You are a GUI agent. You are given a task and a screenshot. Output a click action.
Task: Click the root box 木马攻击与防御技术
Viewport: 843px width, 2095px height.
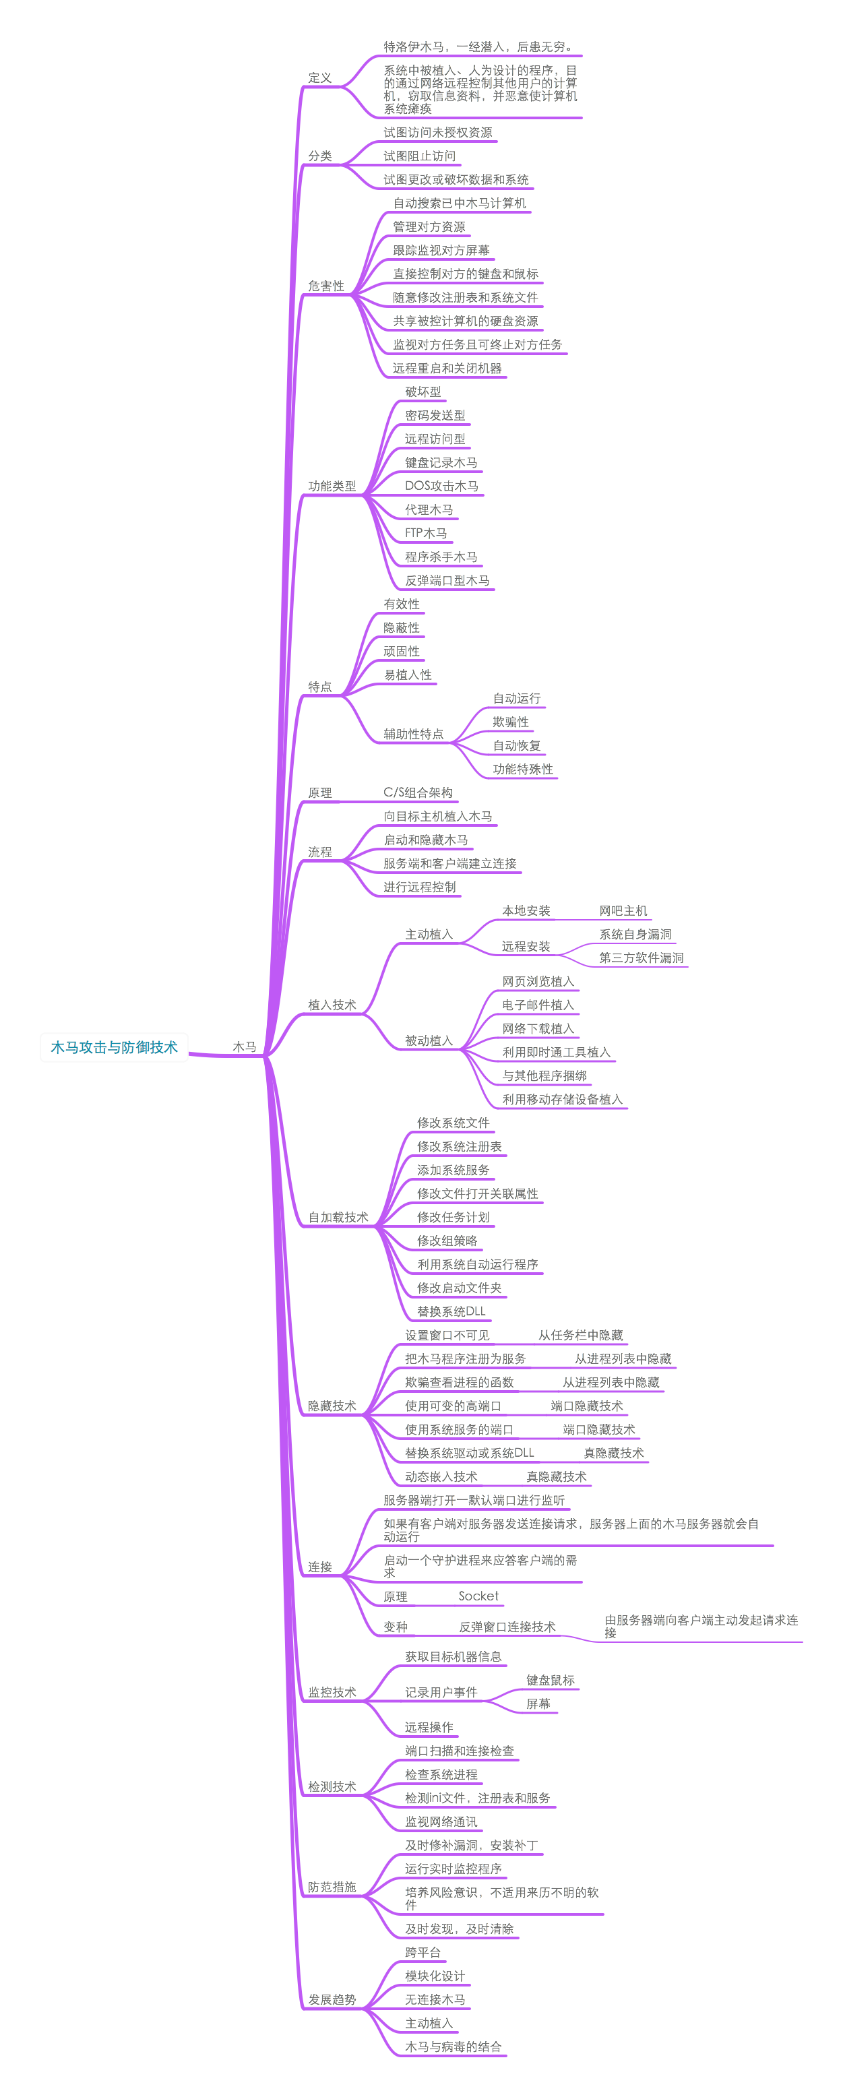tap(114, 1046)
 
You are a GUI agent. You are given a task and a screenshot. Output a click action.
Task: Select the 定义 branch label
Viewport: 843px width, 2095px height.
tap(319, 78)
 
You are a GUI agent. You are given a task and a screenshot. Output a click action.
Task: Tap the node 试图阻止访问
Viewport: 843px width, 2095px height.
tap(419, 156)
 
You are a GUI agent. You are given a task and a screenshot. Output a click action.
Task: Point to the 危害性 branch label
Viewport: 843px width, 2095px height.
tap(326, 286)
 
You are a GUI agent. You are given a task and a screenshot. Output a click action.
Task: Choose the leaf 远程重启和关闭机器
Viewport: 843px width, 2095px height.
tap(447, 369)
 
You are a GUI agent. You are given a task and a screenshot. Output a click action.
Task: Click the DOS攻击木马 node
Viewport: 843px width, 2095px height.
tap(441, 487)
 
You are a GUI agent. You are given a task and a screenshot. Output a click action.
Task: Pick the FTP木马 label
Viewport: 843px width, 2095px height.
tap(426, 534)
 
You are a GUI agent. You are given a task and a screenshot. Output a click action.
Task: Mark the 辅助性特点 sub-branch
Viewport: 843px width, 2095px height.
tap(414, 734)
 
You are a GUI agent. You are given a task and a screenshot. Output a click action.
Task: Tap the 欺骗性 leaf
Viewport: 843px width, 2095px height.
tap(511, 722)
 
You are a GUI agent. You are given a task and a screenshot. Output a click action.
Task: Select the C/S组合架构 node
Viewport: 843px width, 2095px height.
tap(418, 793)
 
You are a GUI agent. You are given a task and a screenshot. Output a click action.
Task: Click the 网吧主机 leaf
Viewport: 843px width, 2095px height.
tap(623, 911)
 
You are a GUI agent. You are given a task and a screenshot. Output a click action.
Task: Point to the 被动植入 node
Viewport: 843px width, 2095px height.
tap(429, 1040)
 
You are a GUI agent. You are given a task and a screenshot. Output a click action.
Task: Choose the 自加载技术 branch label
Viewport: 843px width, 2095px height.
tap(338, 1218)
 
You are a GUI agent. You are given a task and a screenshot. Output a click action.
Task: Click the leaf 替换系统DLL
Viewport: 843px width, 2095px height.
tap(451, 1312)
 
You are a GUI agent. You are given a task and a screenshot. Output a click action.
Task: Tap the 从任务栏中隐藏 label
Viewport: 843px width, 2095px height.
tap(580, 1336)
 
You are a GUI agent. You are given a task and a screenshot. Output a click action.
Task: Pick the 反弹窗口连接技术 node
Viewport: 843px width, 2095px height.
tap(507, 1627)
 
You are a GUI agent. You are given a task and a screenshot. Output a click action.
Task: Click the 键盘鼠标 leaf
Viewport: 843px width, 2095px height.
tap(551, 1680)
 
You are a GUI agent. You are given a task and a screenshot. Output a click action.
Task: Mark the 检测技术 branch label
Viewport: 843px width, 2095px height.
tap(332, 1787)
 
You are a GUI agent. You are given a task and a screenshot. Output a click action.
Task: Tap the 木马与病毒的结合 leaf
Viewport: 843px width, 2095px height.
tap(454, 2046)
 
